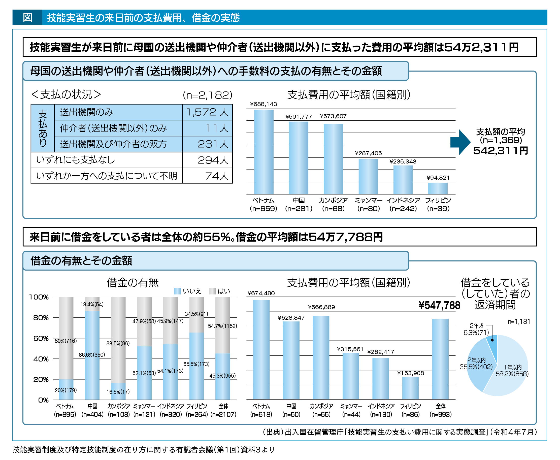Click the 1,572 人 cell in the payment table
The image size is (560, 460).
(x=207, y=112)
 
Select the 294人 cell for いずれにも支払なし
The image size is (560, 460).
(x=207, y=160)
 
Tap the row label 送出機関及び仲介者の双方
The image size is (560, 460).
(x=113, y=144)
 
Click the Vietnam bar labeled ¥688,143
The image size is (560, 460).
(x=263, y=152)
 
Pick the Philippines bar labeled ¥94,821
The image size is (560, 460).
(x=438, y=188)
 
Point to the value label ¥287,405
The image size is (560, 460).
(x=368, y=153)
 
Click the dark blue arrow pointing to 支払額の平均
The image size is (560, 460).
(x=460, y=142)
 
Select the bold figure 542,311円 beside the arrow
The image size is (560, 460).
(x=500, y=150)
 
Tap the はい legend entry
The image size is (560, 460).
(x=220, y=291)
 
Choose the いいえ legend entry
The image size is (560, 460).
(x=188, y=291)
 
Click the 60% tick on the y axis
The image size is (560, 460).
(x=41, y=338)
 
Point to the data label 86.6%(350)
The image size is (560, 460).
(x=92, y=355)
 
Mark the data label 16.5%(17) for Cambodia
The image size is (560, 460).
(x=118, y=392)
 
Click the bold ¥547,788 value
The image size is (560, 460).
(x=440, y=305)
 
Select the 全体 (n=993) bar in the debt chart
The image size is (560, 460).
(x=440, y=359)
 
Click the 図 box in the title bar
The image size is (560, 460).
(x=27, y=17)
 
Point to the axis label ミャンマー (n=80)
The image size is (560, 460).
(x=369, y=204)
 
